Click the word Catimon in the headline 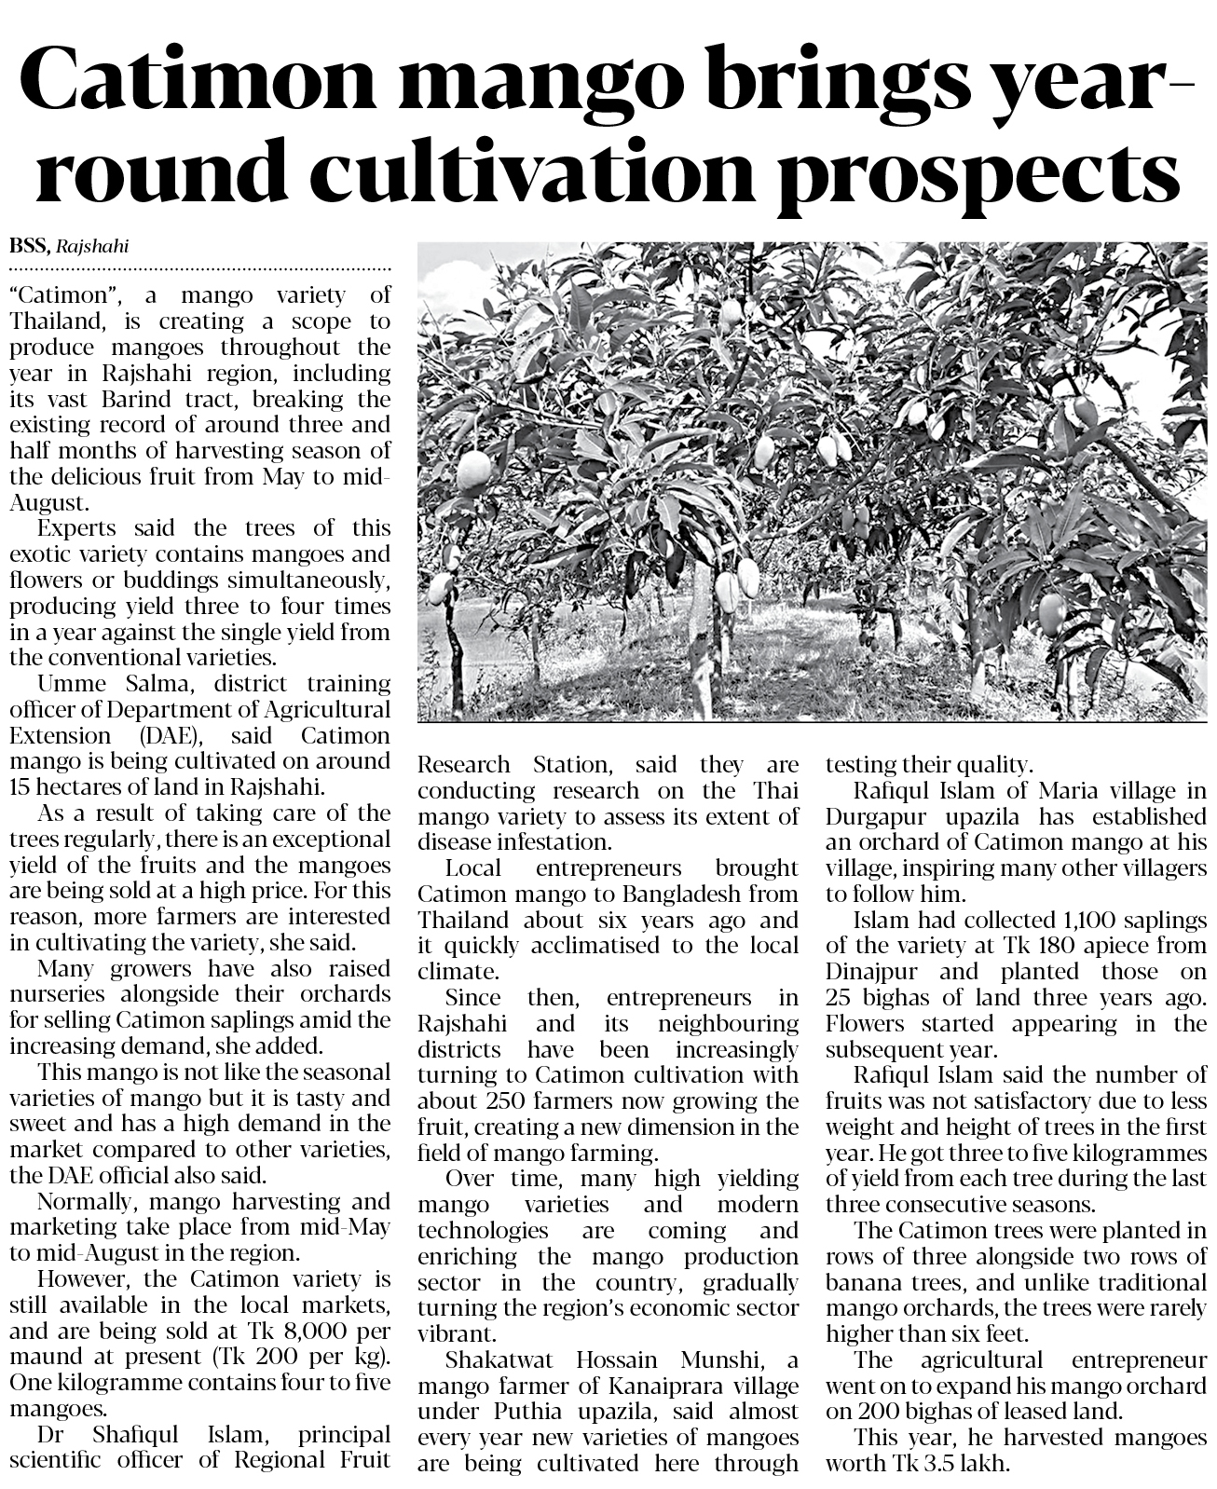(199, 84)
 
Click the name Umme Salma (107, 683)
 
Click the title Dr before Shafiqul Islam (50, 1434)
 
